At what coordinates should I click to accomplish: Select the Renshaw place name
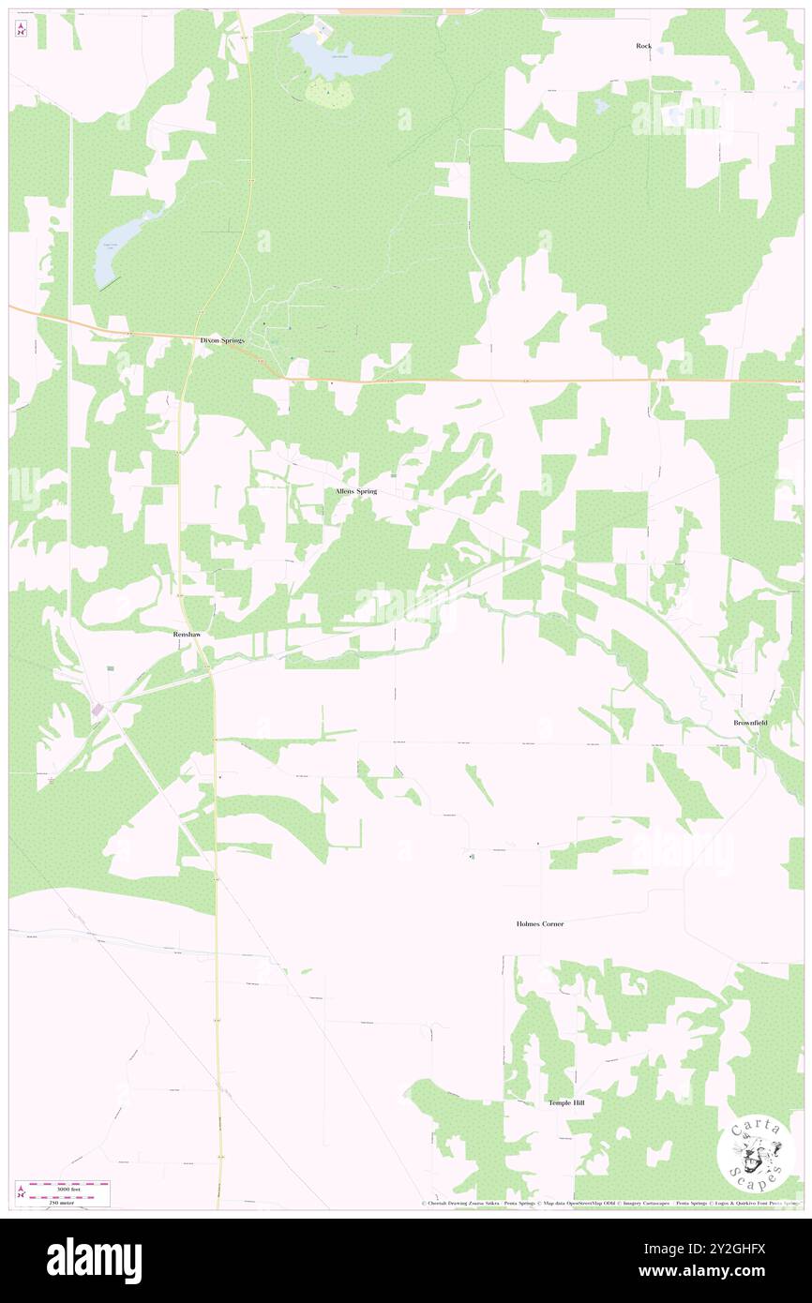point(188,635)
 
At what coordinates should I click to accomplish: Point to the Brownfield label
point(751,723)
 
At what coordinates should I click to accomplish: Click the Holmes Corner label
point(540,924)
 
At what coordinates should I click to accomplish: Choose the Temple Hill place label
point(566,1103)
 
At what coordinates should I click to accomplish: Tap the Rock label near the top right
point(643,45)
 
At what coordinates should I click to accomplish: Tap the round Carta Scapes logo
point(756,1156)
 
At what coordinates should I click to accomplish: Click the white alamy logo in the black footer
point(94,1260)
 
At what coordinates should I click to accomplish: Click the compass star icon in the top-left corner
point(22,29)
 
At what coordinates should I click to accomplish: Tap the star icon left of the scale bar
point(22,1192)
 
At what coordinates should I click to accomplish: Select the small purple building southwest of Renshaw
point(97,711)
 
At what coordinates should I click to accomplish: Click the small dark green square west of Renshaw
point(111,668)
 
